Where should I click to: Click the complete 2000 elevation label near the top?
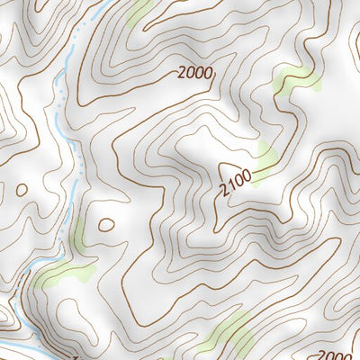click(x=197, y=74)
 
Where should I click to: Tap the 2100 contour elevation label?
click(x=236, y=180)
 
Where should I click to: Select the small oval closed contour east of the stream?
click(x=106, y=224)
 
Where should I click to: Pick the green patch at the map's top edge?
click(x=139, y=12)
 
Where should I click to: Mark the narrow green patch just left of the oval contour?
click(x=79, y=232)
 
